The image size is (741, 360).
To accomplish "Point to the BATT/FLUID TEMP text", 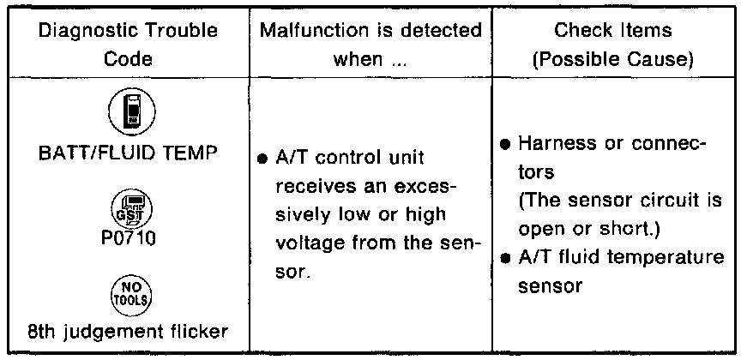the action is tap(127, 154).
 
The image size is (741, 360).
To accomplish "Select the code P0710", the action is tap(127, 237).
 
